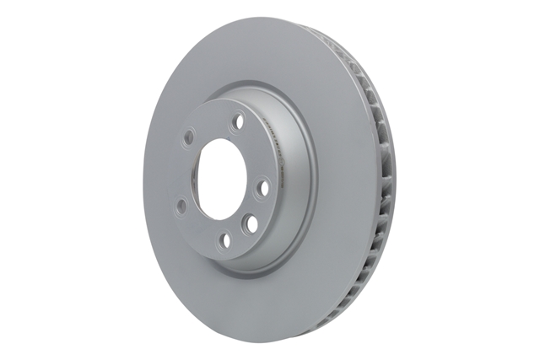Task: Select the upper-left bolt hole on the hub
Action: click(x=189, y=135)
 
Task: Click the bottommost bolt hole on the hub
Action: click(x=224, y=241)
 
